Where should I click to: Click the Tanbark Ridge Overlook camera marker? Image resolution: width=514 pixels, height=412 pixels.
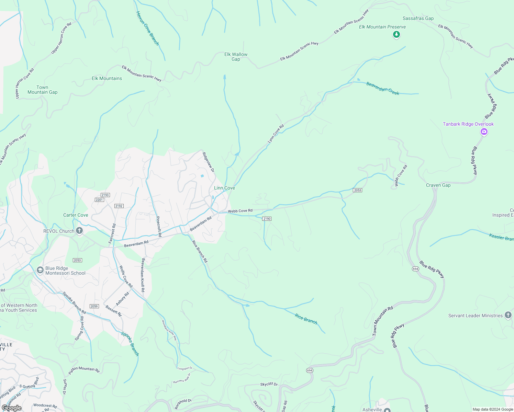[484, 131]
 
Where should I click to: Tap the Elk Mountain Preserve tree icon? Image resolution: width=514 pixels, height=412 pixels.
[396, 34]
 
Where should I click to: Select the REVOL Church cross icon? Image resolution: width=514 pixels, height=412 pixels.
[79, 231]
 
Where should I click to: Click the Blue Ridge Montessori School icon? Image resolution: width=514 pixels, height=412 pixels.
[40, 271]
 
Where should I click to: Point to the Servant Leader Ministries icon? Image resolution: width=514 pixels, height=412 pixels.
[508, 316]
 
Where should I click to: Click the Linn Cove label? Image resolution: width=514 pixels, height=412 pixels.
[224, 188]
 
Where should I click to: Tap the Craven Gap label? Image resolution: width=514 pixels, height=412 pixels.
[438, 185]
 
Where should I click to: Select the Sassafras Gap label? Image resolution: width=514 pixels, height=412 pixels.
[418, 18]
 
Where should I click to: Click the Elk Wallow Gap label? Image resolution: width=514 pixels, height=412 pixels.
[236, 57]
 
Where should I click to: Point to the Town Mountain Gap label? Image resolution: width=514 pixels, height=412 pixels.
[42, 90]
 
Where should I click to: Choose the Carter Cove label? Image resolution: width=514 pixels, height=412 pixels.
[76, 215]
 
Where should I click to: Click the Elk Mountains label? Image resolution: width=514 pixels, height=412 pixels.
[107, 78]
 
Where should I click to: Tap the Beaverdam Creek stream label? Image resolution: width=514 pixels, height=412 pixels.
[382, 88]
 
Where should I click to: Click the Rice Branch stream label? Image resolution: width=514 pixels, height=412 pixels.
[306, 319]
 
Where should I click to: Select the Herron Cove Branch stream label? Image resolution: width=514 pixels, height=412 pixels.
[147, 28]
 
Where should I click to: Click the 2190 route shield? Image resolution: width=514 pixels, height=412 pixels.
[267, 219]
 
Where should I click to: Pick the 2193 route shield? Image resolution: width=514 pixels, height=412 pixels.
[105, 195]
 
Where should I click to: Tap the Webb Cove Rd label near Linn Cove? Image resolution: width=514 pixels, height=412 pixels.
[240, 210]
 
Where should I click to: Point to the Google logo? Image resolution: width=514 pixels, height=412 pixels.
[11, 408]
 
